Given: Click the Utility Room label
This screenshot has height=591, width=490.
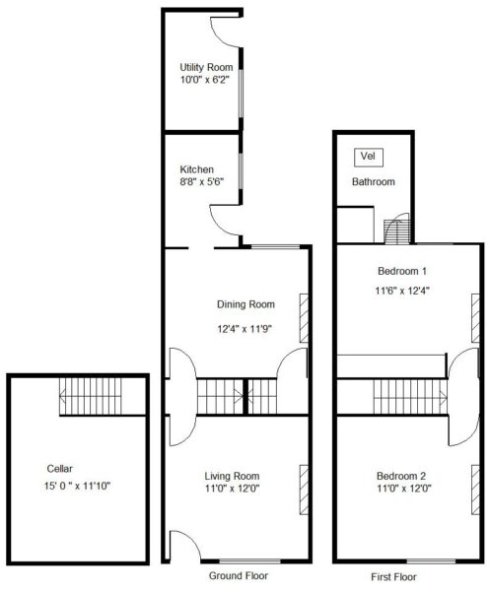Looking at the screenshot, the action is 206,67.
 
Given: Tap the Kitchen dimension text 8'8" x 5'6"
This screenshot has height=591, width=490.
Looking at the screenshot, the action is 202,182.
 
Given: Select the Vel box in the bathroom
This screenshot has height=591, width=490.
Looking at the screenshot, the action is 369,158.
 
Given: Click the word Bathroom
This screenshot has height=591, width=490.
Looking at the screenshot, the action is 374,181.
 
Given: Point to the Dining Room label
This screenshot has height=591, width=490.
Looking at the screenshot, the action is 245,304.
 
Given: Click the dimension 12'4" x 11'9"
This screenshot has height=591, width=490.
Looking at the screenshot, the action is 245,329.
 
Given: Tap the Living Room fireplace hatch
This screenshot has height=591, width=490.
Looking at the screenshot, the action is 304,490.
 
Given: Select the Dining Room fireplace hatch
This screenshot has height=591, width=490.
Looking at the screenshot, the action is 304,318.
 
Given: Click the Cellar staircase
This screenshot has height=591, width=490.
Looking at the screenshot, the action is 91,397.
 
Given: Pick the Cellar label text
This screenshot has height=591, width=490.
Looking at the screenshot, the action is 59,469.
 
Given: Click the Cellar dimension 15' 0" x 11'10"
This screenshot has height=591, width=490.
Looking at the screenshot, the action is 77,486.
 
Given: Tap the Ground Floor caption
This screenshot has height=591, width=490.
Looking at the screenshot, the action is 239,575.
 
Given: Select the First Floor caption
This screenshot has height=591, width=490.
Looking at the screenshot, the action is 393,576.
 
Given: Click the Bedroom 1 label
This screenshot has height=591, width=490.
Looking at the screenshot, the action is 402,271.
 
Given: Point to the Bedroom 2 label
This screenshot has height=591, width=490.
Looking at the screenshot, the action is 401,476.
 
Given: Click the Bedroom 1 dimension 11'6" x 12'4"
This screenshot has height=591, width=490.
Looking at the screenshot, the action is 402,291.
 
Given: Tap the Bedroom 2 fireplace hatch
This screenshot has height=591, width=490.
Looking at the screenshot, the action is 475,490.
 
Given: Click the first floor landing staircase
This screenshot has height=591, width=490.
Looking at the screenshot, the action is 410,397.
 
